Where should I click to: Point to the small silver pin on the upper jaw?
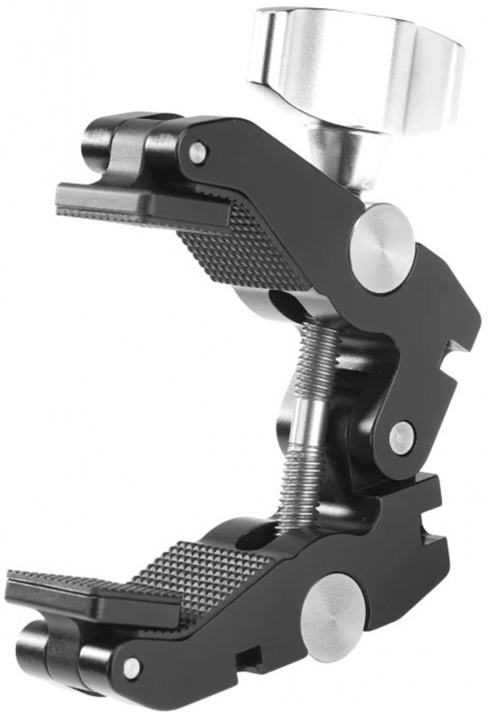(197, 152)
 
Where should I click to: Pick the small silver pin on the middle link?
(403, 434)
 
